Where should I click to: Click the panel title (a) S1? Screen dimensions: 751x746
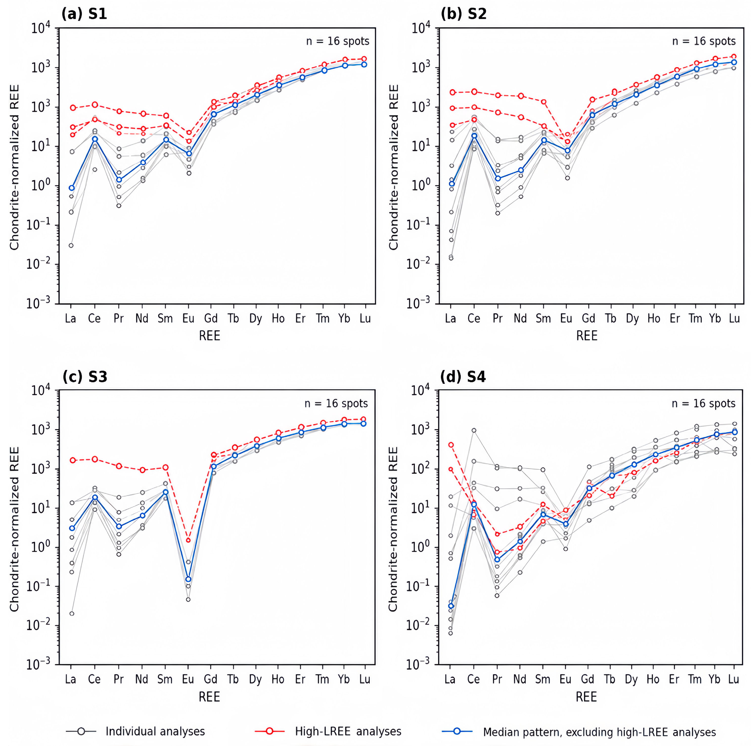pyautogui.click(x=84, y=14)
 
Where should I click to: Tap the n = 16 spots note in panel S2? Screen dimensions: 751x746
pyautogui.click(x=704, y=41)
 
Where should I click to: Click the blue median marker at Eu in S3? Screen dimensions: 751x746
pyautogui.click(x=188, y=579)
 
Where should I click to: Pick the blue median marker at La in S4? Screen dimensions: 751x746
pyautogui.click(x=451, y=606)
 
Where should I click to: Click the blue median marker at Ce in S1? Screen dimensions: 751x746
pyautogui.click(x=95, y=139)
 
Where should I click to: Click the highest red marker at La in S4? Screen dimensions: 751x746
pyautogui.click(x=451, y=445)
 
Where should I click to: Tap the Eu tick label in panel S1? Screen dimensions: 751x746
pyautogui.click(x=188, y=319)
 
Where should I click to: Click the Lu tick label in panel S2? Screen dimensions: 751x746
pyautogui.click(x=734, y=319)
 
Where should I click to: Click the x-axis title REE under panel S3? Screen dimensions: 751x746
pyautogui.click(x=209, y=697)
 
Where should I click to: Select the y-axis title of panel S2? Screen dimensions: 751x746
pyautogui.click(x=393, y=167)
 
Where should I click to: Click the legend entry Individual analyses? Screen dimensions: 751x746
pyautogui.click(x=155, y=731)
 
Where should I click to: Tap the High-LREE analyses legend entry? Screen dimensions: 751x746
pyautogui.click(x=348, y=731)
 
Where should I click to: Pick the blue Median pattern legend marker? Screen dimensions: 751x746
pyautogui.click(x=457, y=731)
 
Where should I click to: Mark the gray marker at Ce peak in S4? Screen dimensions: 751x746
pyautogui.click(x=474, y=430)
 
